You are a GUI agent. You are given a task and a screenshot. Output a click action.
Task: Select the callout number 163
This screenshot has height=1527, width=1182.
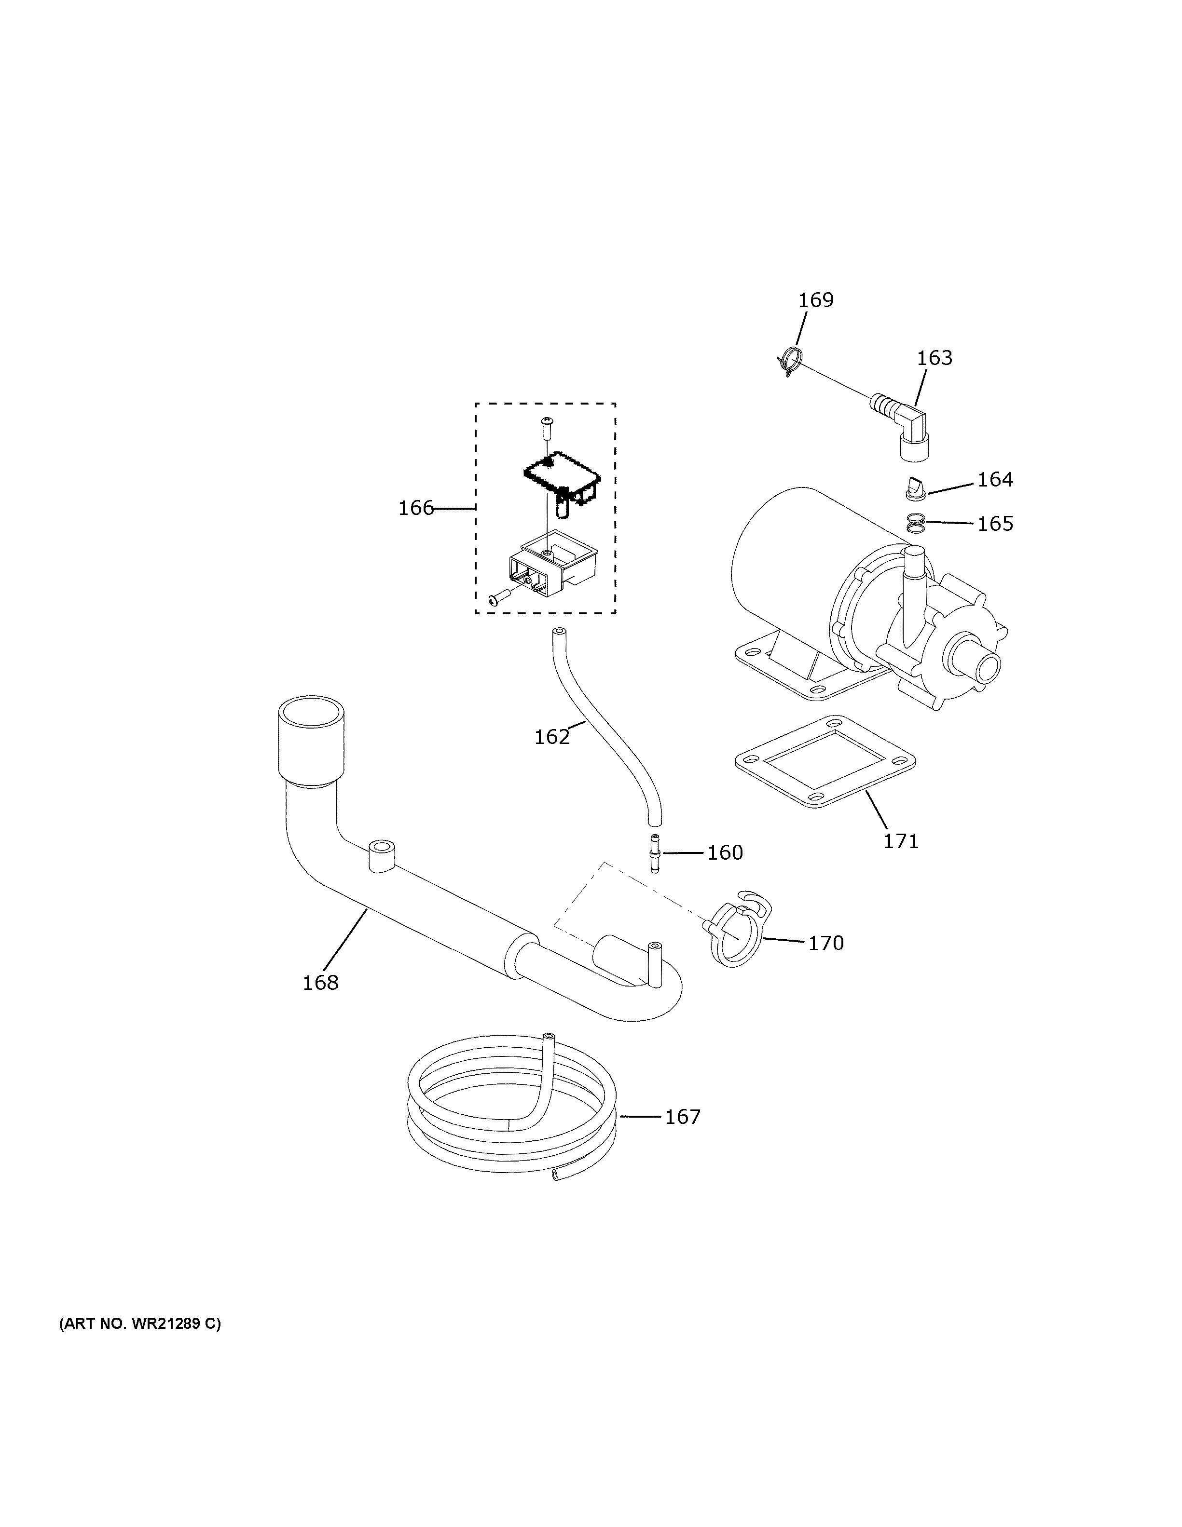tap(935, 358)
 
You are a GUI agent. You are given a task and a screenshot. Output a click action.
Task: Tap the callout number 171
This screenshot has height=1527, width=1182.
tap(900, 840)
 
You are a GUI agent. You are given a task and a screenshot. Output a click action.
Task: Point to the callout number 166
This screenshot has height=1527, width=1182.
tap(416, 508)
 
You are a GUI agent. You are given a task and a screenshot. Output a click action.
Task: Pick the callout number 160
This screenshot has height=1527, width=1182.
tap(725, 852)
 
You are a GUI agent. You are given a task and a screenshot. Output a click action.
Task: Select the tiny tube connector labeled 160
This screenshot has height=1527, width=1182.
tap(655, 853)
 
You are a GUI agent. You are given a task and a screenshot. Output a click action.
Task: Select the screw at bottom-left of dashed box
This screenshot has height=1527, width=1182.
tap(499, 598)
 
